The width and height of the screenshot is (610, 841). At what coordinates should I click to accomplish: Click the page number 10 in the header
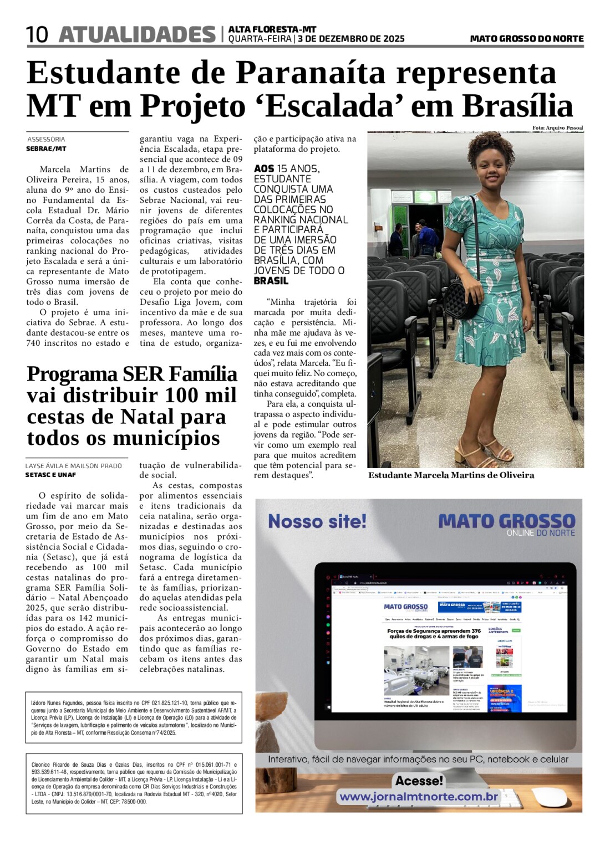click(x=37, y=35)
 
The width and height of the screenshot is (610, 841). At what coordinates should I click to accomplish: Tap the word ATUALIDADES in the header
click(x=137, y=34)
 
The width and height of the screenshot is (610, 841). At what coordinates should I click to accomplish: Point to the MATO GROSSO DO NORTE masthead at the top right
click(x=526, y=39)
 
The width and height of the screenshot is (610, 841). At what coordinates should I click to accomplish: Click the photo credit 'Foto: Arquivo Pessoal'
click(x=557, y=128)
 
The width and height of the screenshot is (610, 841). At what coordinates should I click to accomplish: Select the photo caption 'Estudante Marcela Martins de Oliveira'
click(x=451, y=475)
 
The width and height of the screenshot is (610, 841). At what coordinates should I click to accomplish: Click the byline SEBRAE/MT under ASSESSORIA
click(x=46, y=148)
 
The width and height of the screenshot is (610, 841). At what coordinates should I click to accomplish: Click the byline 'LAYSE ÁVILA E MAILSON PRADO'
click(x=73, y=466)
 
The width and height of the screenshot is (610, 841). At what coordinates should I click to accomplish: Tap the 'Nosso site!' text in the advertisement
click(x=317, y=521)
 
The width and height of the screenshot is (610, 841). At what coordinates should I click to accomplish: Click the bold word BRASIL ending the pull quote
click(x=271, y=281)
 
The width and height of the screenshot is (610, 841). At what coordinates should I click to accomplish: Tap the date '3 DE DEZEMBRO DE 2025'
click(x=351, y=39)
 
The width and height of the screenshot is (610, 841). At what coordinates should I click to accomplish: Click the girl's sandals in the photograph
click(x=488, y=452)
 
